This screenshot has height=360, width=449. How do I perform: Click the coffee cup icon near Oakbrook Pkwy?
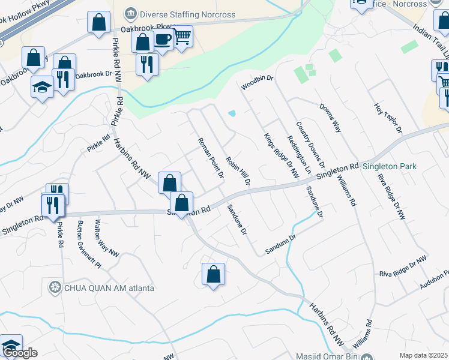[x=162, y=39]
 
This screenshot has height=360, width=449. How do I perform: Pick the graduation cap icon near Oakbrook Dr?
[x=42, y=87]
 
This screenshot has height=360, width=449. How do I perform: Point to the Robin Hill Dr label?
[x=238, y=170]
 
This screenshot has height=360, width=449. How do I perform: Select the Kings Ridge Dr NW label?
[x=281, y=155]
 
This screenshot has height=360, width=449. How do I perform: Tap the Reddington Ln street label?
[x=299, y=155]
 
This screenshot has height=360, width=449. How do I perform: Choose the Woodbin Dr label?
[x=257, y=83]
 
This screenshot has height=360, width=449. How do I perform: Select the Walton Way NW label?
[x=106, y=238]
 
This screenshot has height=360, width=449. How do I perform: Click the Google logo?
[x=19, y=353]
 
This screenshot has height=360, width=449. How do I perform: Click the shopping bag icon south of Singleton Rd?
[x=213, y=275]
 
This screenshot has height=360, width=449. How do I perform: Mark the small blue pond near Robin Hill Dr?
[x=232, y=113]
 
